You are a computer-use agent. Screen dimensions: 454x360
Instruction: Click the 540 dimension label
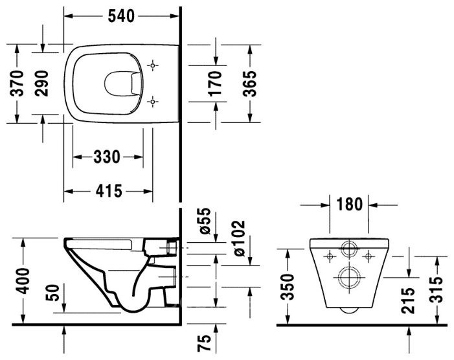pyautogui.click(x=121, y=16)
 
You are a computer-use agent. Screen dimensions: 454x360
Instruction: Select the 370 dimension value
pyautogui.click(x=17, y=83)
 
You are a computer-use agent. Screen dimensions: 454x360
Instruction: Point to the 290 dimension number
pyautogui.click(x=41, y=83)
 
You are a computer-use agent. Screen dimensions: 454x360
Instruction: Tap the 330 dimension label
pyautogui.click(x=107, y=157)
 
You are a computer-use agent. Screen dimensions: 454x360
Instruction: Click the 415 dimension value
pyautogui.click(x=109, y=191)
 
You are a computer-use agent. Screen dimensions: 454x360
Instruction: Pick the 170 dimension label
pyautogui.click(x=215, y=84)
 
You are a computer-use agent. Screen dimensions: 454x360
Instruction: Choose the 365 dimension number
pyautogui.click(x=249, y=84)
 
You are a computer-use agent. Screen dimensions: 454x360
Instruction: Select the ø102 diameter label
pyautogui.click(x=239, y=238)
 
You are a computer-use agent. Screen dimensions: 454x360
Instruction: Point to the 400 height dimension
pyautogui.click(x=23, y=281)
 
